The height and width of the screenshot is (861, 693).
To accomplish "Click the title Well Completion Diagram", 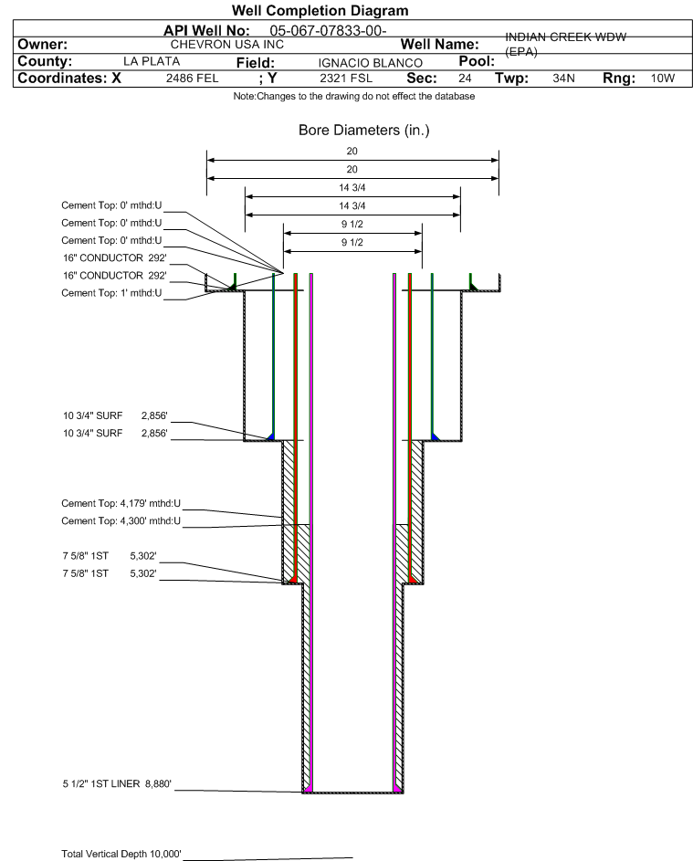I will point(320,10).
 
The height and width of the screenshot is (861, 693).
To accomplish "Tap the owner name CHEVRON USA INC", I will point(227,44).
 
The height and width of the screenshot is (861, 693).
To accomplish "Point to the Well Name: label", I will point(440,44).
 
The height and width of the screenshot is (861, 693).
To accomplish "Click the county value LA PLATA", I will point(152,61).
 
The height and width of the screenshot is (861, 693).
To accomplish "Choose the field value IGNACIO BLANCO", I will point(370,62).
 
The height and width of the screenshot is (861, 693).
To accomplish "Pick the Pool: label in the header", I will point(469,60).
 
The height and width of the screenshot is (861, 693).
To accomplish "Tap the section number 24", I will point(466,79).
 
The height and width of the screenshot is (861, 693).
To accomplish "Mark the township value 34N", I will point(563,79).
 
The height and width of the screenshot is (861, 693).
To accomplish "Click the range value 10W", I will point(662,79).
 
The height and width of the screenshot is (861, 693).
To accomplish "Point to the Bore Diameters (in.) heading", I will point(363,131).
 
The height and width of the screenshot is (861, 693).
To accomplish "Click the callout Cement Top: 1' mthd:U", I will point(111,293).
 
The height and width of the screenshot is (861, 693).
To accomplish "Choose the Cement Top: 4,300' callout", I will point(121,521).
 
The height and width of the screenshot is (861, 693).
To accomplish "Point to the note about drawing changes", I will point(354,97).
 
